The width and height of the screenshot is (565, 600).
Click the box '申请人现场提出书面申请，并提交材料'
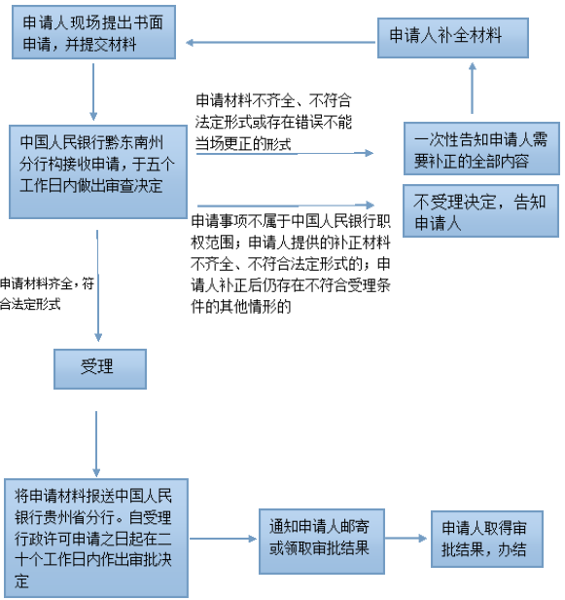93,32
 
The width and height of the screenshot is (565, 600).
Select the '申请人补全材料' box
453,38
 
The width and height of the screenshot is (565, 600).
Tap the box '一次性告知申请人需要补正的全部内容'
481,148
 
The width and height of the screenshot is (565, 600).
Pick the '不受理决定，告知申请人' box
481,210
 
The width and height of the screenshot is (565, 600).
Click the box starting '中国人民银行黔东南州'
98,171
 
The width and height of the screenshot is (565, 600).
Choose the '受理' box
100,369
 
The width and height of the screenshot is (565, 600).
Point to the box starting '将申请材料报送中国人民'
96,538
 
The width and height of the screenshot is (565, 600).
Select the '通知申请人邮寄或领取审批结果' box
322,542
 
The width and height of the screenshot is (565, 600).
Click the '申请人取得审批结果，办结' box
487,539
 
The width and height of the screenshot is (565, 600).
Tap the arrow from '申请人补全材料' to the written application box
281,43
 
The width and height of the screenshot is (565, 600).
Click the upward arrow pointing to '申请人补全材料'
473,88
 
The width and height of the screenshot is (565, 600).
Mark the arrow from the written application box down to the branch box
93,92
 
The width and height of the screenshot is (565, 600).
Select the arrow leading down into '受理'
98,285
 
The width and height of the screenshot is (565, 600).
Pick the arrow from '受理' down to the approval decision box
96,444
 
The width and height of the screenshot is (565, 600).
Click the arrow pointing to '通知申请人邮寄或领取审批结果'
223,539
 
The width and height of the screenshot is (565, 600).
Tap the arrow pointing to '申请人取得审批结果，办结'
406,539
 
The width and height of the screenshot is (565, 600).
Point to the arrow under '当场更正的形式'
285,154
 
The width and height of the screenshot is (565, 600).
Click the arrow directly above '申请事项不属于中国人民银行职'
286,206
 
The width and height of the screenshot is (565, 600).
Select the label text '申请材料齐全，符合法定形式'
47,294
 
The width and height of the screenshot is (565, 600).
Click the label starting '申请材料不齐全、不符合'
273,123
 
